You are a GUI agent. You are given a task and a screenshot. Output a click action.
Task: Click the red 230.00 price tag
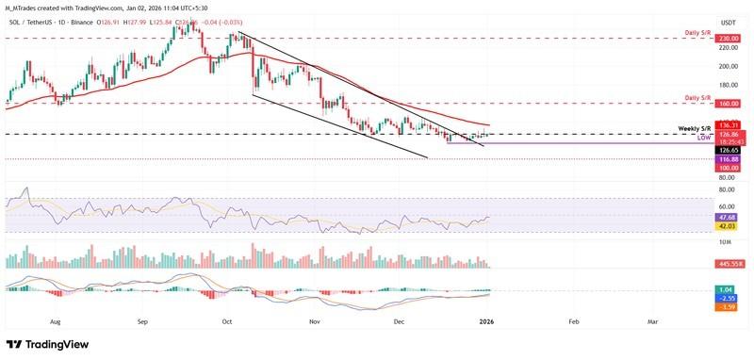pos(727,39)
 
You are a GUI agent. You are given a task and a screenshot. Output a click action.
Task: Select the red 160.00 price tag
pos(727,104)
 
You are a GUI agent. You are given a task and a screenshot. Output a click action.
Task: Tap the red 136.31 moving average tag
pos(727,124)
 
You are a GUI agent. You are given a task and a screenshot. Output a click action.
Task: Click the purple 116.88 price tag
pos(727,159)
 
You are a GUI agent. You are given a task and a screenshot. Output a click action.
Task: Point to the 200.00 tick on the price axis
pos(727,66)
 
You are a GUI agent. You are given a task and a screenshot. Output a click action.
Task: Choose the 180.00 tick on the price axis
pos(727,85)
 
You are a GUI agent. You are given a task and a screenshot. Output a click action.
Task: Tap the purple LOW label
pos(702,138)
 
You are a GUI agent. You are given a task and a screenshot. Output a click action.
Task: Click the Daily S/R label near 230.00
pos(698,33)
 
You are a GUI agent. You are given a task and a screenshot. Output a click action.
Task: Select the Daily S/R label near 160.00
pos(698,97)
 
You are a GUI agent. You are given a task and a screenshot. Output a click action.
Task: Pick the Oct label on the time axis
pos(227,321)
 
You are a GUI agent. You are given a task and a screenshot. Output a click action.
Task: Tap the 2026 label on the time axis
pos(486,321)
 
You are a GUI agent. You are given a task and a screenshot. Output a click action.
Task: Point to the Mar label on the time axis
pos(652,321)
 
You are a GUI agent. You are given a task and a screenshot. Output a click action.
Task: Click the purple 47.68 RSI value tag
pos(727,217)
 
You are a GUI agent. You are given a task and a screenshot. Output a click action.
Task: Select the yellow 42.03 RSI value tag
pos(727,226)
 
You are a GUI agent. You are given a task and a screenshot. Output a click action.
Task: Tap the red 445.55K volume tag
pos(729,264)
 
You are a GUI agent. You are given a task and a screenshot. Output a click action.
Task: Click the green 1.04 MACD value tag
pos(727,289)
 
